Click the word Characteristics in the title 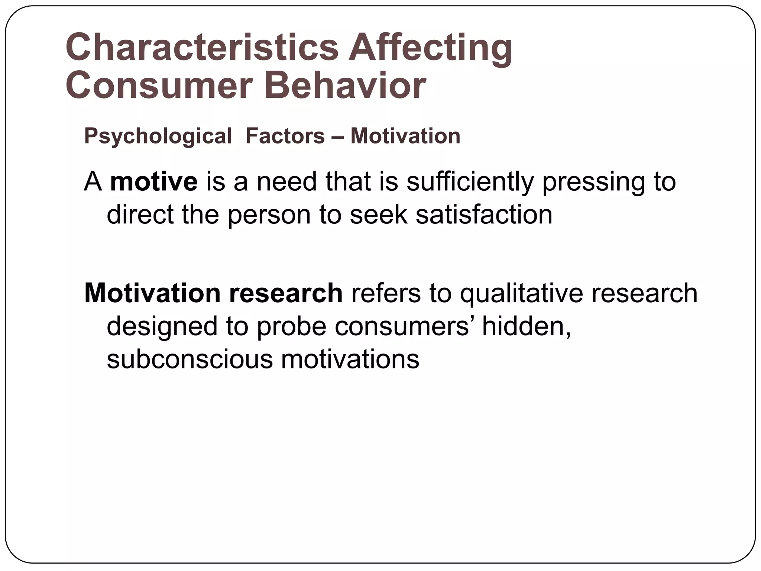202,48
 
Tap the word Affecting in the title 430,48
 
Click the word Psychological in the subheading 158,136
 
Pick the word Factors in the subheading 285,136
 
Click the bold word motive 154,182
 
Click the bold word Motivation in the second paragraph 152,293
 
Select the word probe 291,326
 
